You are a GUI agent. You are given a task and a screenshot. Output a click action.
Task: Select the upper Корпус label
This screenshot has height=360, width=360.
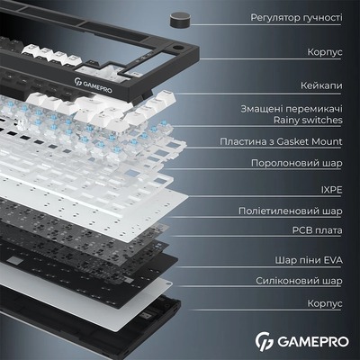323,54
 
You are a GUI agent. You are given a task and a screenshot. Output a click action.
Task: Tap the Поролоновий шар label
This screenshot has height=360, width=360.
296,164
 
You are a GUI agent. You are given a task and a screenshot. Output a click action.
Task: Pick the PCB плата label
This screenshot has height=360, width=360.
316,229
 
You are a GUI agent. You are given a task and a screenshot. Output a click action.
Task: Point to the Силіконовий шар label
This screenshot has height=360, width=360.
302,281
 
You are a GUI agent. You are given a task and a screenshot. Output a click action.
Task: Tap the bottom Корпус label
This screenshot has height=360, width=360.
323,305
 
